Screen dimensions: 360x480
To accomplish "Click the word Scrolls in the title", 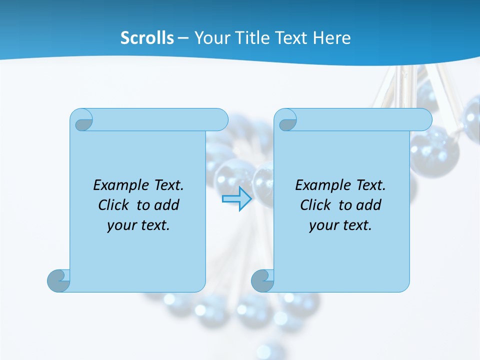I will pyautogui.click(x=147, y=37).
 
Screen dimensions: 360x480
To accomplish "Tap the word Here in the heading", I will pyautogui.click(x=332, y=37).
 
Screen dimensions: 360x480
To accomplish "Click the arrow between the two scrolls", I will pyautogui.click(x=237, y=199).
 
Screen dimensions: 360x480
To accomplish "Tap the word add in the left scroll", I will pyautogui.click(x=167, y=205).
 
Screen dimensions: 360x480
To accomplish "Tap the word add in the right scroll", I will pyautogui.click(x=369, y=205).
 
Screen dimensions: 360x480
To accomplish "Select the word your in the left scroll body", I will pyautogui.click(x=121, y=225).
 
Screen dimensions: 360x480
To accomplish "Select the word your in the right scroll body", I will pyautogui.click(x=323, y=225).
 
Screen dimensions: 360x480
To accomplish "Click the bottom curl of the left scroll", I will pyautogui.click(x=58, y=280).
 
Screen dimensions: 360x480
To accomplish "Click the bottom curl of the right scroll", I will pyautogui.click(x=262, y=280).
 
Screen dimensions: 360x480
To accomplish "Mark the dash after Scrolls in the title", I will pyautogui.click(x=183, y=37).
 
